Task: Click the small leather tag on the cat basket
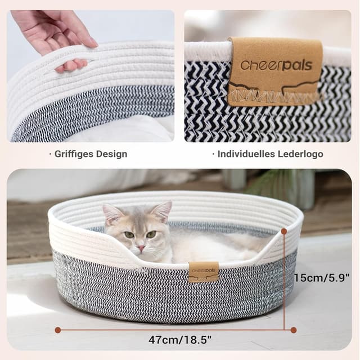tap(203, 272)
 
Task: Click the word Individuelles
tap(244, 154)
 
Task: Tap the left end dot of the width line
tap(57, 330)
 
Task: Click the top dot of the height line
tap(284, 231)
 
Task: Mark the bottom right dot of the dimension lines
tap(293, 330)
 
